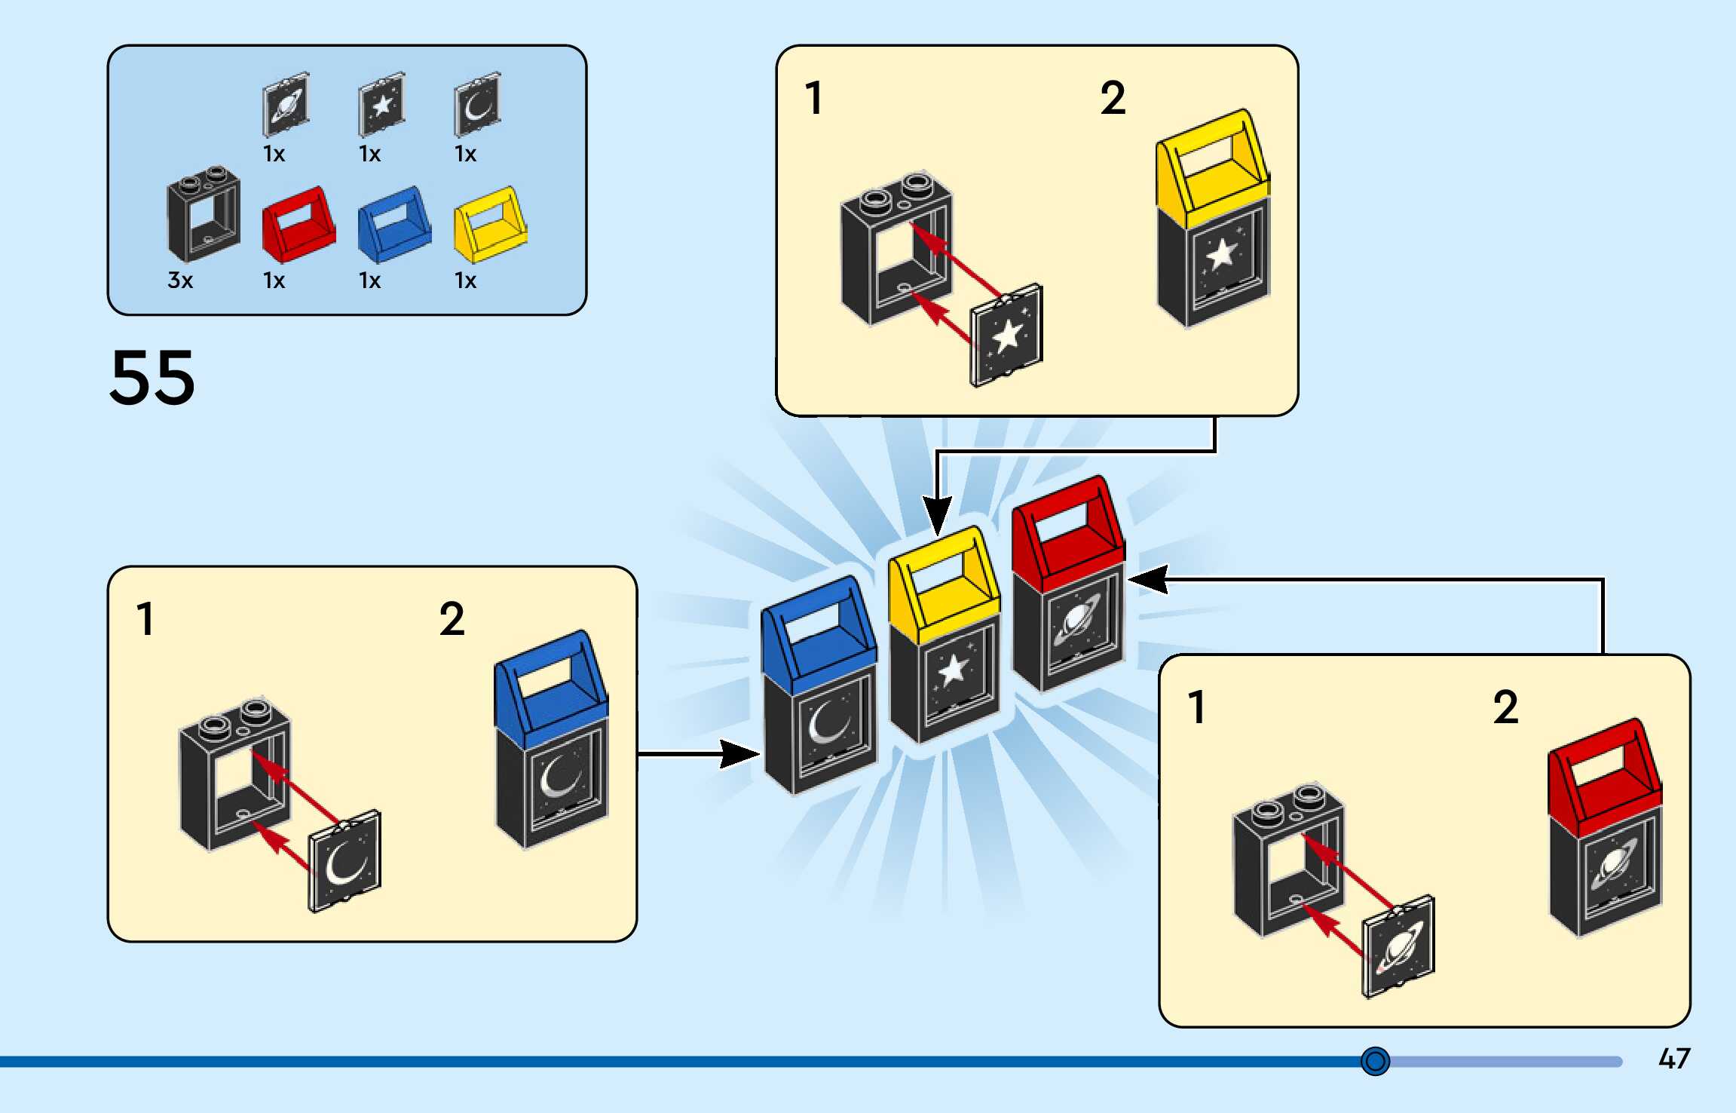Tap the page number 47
pos(1674,1059)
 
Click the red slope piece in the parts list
pos(299,225)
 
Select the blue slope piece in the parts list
pos(394,225)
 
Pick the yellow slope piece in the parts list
pos(490,225)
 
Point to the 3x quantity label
pos(180,281)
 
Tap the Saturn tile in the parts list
pos(286,104)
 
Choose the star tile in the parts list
pos(381,104)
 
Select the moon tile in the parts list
pos(477,104)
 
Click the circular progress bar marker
pos(1375,1061)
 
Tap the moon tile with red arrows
pos(345,861)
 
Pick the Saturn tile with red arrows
pos(1399,947)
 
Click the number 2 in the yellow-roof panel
pos(1113,98)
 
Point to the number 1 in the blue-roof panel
pos(145,619)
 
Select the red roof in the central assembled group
pos(1067,532)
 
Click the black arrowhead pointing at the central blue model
pos(739,753)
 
